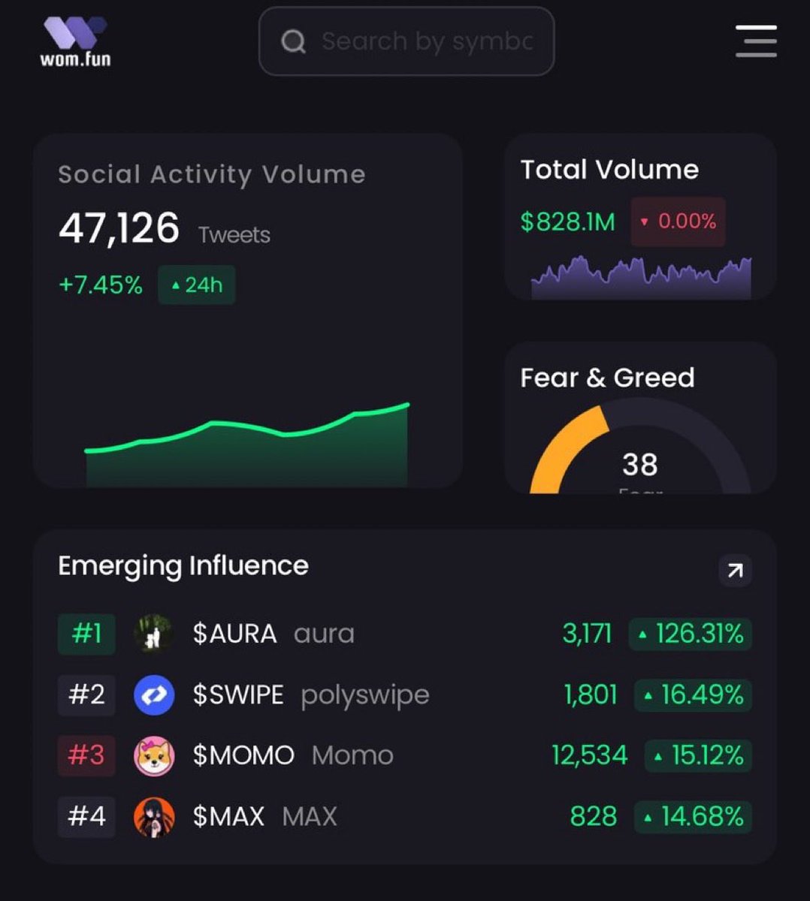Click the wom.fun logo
point(75,41)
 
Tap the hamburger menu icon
point(755,41)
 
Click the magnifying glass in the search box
point(293,41)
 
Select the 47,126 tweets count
point(119,228)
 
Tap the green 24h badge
point(196,285)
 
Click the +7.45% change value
point(100,285)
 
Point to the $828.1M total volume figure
point(567,221)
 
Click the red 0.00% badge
point(678,221)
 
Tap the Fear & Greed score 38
point(639,465)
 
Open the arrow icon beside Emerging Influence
point(735,570)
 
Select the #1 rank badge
point(86,634)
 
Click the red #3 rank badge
point(86,755)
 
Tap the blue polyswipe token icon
point(154,695)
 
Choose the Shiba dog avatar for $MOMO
point(154,755)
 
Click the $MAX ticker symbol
point(228,816)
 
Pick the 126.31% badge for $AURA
point(691,634)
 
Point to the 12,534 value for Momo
point(589,755)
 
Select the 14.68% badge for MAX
point(693,816)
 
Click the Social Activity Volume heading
point(211,174)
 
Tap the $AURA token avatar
point(154,634)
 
